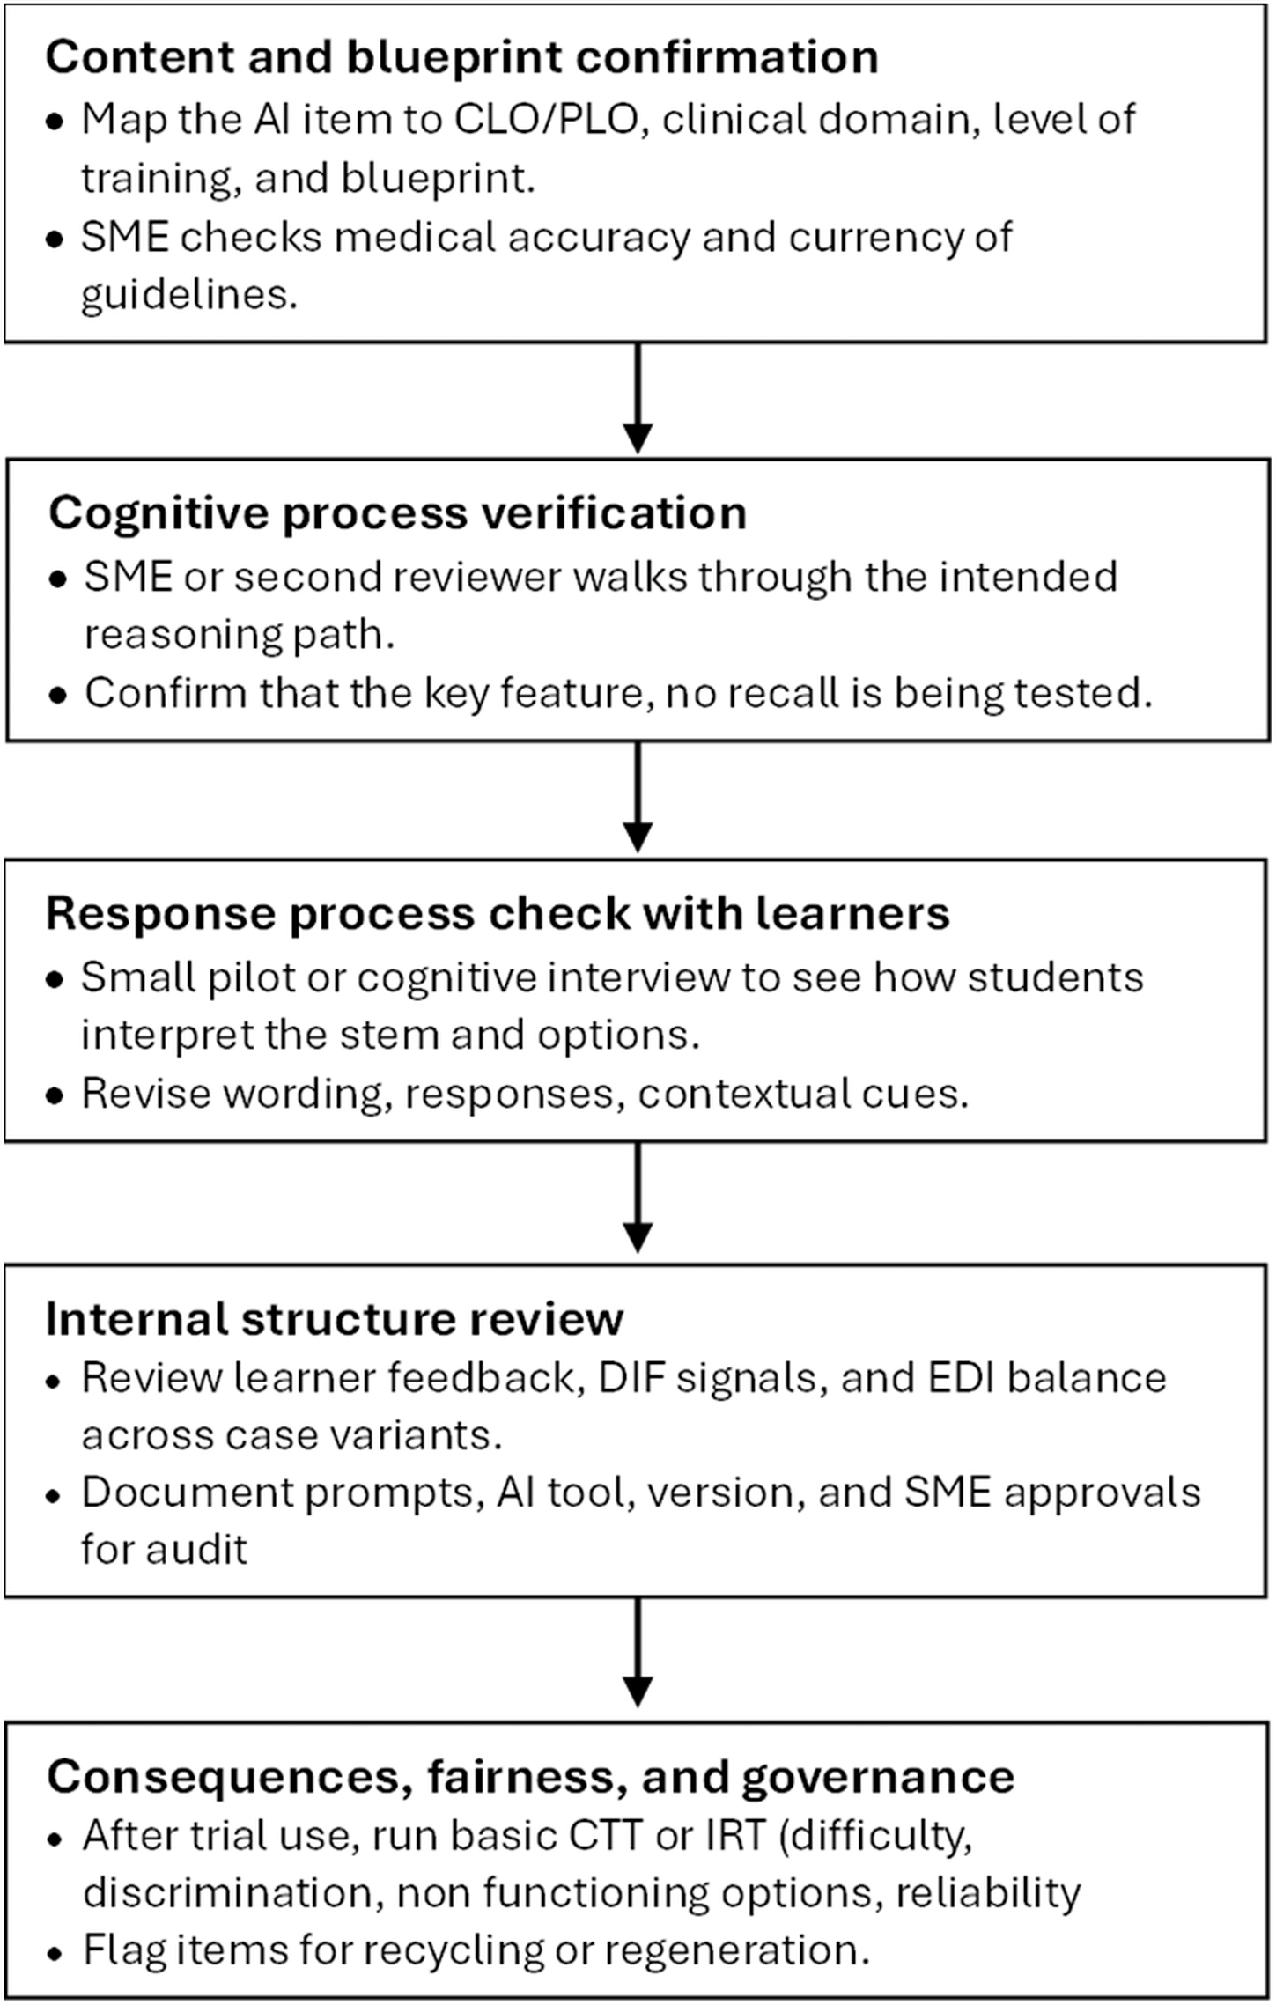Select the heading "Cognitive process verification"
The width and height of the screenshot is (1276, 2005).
397,514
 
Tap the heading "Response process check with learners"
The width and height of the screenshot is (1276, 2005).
498,913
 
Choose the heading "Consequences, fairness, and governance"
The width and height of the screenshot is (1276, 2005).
530,1776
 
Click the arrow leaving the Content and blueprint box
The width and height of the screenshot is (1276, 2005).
637,399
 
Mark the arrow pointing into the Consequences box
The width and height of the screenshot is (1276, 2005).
637,1653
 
